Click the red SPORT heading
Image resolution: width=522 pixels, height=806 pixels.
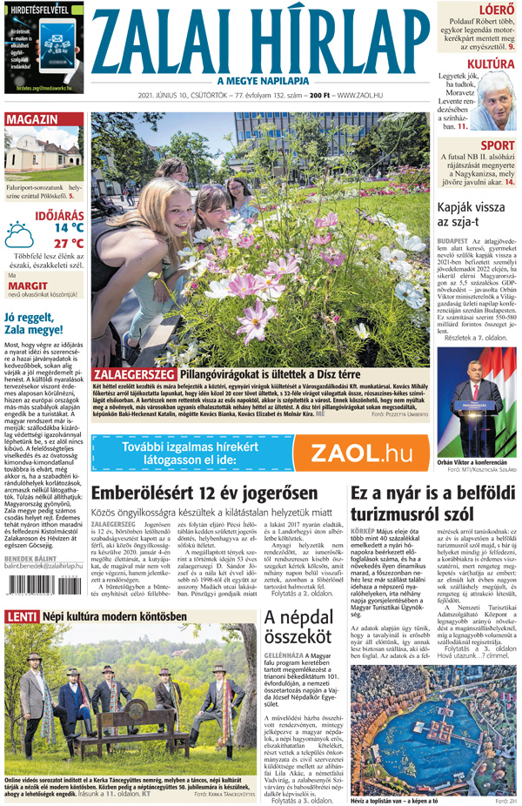tap(497, 145)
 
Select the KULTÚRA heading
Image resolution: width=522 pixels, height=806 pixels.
tap(489, 64)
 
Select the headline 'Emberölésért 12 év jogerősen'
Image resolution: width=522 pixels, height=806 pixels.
tap(184, 493)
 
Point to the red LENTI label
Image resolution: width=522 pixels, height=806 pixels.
tap(21, 617)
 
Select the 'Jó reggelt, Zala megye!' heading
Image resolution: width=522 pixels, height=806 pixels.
tap(41, 323)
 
